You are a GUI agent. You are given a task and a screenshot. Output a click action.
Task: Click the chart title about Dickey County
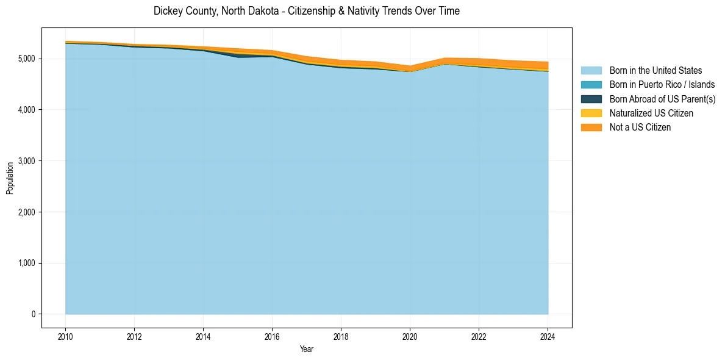[x=307, y=11]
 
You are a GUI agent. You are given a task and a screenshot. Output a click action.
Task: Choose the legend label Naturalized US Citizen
[x=651, y=113]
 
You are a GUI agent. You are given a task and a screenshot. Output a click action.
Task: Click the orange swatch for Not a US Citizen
[x=591, y=128]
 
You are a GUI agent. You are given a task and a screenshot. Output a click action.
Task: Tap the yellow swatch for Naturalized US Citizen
[x=591, y=113]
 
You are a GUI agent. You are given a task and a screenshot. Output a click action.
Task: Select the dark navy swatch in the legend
[x=591, y=99]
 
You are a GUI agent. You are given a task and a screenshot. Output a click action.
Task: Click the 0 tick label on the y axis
[x=33, y=314]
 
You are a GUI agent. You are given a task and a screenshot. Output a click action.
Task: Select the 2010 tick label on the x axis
[x=65, y=336]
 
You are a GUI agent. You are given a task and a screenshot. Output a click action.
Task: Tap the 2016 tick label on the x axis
[x=273, y=336]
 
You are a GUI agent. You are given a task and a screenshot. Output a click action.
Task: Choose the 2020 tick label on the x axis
[x=410, y=336]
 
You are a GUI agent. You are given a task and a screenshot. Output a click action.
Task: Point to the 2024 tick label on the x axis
[x=548, y=336]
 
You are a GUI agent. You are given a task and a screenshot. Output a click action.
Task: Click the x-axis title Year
[x=307, y=349]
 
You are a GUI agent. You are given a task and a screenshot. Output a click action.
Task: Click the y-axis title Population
[x=10, y=178]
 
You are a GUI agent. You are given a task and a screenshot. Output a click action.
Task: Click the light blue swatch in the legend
[x=591, y=71]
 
